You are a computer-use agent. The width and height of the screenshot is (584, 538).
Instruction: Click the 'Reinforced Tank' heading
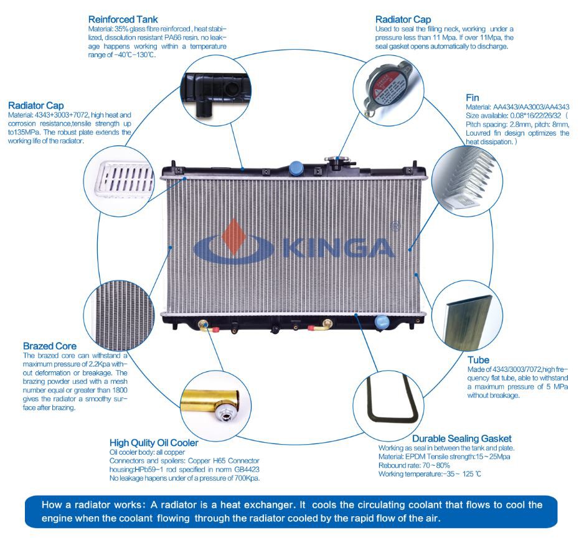tap(123, 19)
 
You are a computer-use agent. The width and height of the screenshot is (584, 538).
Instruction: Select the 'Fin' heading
tap(473, 98)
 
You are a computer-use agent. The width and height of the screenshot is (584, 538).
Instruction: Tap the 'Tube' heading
tap(478, 359)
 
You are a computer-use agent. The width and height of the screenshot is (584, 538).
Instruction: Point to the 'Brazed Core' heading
tap(50, 346)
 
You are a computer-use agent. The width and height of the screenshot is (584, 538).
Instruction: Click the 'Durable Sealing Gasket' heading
tap(462, 438)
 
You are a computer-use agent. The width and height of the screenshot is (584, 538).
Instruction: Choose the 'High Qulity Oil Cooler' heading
tap(154, 443)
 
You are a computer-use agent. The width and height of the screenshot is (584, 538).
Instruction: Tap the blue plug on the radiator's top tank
tap(295, 168)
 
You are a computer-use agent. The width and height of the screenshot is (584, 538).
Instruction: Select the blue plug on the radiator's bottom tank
tap(382, 322)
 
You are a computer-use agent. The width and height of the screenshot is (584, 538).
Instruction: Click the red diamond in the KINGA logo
tap(234, 236)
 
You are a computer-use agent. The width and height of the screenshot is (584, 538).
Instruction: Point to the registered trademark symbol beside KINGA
tap(395, 226)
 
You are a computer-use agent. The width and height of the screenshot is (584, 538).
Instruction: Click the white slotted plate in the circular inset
tap(125, 179)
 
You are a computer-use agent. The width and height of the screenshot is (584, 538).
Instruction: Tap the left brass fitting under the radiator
tap(204, 325)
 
